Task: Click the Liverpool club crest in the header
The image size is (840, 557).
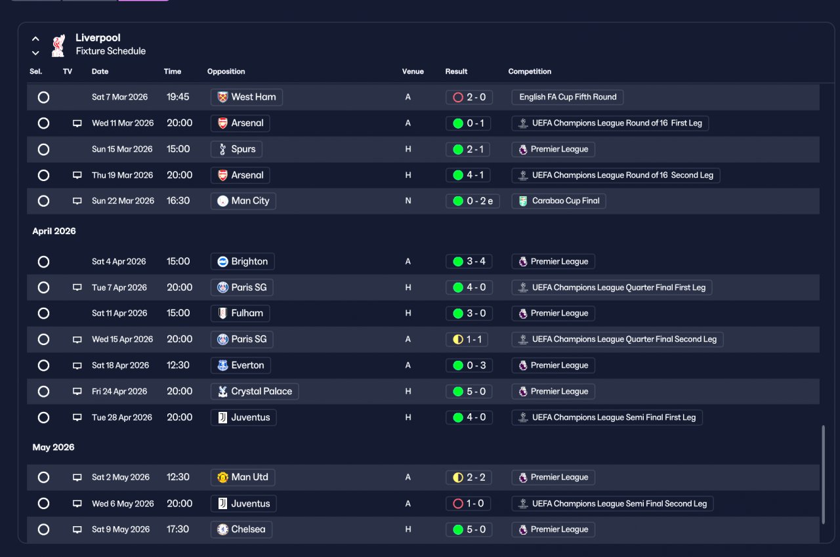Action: pos(58,45)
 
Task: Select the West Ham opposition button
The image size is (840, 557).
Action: pos(246,97)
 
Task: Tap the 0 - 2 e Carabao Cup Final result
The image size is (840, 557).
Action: pos(472,201)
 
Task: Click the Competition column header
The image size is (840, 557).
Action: pos(530,72)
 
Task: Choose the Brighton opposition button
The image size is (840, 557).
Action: pos(242,261)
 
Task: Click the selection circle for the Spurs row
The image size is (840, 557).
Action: pos(43,149)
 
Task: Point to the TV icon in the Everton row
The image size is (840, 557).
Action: pos(77,365)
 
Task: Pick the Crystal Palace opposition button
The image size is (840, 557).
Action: pos(255,391)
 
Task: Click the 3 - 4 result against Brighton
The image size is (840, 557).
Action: pos(469,261)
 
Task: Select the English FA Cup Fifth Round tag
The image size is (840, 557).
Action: pos(568,97)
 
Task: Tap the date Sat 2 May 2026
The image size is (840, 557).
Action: pos(120,477)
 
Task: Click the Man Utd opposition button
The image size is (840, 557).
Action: pos(243,477)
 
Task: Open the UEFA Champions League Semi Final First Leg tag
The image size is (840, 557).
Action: pos(607,417)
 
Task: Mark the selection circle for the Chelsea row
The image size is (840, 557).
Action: pos(43,529)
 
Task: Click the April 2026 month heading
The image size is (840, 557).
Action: pos(54,231)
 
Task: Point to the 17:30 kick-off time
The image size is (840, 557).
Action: pos(178,529)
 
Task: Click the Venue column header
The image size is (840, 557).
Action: pos(413,72)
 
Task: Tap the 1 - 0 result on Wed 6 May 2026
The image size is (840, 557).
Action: pos(468,503)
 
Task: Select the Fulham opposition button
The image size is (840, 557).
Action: pos(240,314)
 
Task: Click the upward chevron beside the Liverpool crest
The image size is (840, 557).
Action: pos(35,39)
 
